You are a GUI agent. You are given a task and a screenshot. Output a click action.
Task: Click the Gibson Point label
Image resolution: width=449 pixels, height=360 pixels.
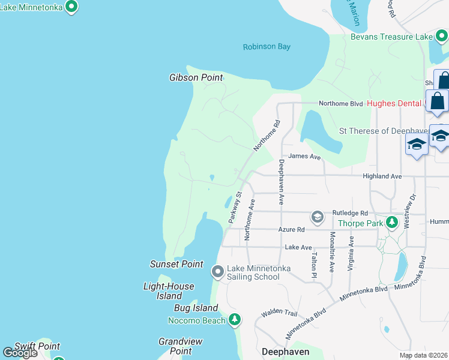pyautogui.click(x=196, y=77)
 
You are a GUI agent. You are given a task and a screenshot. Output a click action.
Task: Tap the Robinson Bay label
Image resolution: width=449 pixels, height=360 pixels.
pyautogui.click(x=267, y=47)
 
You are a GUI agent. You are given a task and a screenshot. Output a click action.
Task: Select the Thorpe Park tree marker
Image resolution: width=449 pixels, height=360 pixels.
pyautogui.click(x=392, y=223)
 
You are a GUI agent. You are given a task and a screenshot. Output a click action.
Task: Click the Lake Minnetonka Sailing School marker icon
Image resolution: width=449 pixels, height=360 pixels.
pyautogui.click(x=218, y=272)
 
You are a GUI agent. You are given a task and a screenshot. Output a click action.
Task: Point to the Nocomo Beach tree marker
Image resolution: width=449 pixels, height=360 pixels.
pyautogui.click(x=235, y=320)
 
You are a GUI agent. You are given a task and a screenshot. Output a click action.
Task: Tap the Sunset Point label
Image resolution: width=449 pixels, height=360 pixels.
pyautogui.click(x=176, y=264)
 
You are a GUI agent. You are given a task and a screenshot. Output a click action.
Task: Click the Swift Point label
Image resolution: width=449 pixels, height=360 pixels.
pyautogui.click(x=37, y=346)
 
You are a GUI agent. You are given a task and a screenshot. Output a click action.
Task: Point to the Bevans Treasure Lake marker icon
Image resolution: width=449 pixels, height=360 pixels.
pyautogui.click(x=441, y=37)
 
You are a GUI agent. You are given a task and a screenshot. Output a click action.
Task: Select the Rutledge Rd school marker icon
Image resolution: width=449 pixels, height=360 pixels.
pyautogui.click(x=317, y=216)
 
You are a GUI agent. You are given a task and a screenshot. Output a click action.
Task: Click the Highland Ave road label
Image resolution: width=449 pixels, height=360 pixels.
pyautogui.click(x=382, y=176)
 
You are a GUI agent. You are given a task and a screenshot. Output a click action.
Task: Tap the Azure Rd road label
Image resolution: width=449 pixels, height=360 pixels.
pyautogui.click(x=292, y=229)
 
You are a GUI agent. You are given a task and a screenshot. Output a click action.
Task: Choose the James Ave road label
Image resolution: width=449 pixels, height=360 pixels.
pyautogui.click(x=304, y=157)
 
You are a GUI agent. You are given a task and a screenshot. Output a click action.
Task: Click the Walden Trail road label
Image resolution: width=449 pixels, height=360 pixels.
pyautogui.click(x=279, y=313)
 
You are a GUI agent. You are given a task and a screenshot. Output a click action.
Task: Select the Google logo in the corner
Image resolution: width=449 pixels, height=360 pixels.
pyautogui.click(x=20, y=353)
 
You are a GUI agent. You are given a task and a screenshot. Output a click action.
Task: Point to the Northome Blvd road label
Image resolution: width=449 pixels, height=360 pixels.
pyautogui.click(x=340, y=103)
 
